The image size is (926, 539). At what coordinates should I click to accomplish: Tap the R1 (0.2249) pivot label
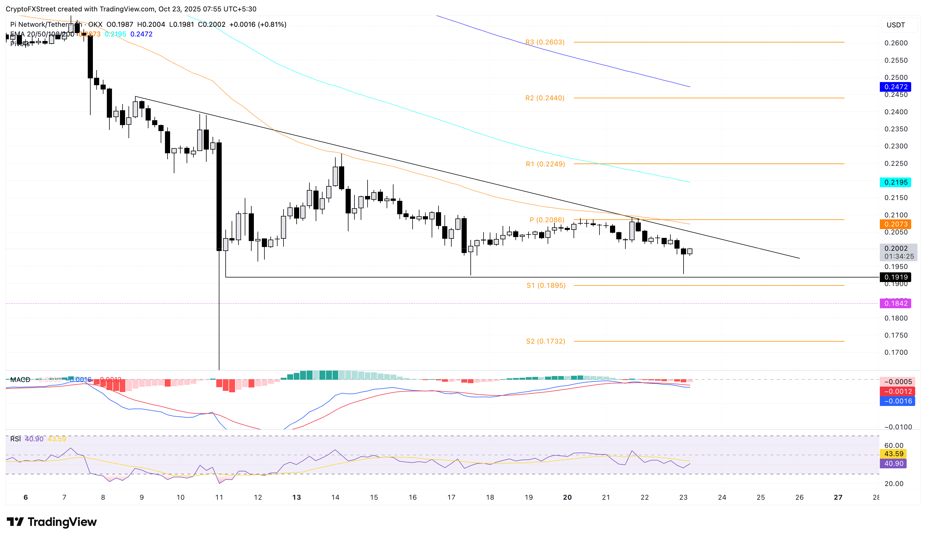[x=545, y=164]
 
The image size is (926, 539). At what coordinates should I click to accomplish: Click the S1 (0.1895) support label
[x=546, y=285]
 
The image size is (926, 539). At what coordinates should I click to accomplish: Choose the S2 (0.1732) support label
[x=545, y=341]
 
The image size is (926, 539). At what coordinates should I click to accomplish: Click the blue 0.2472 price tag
[x=896, y=87]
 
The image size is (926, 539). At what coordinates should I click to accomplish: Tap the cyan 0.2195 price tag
[x=896, y=182]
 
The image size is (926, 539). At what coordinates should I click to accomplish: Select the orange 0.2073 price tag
[x=896, y=224]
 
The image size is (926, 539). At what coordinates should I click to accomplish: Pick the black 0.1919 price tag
[x=896, y=277]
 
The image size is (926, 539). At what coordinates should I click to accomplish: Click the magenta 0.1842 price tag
[x=896, y=303]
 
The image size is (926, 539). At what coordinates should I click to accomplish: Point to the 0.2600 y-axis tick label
[x=896, y=43]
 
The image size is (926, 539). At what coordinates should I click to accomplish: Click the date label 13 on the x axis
[x=297, y=497]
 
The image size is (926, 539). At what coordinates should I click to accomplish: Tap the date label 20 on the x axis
[x=567, y=497]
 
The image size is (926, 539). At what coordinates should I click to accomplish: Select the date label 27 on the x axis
[x=838, y=497]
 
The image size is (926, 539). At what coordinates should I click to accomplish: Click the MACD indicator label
[x=20, y=379]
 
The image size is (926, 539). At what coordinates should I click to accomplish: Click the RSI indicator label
[x=15, y=439]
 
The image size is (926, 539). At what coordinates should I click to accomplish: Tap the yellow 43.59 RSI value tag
[x=893, y=454]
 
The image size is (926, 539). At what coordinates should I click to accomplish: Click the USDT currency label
[x=896, y=25]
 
